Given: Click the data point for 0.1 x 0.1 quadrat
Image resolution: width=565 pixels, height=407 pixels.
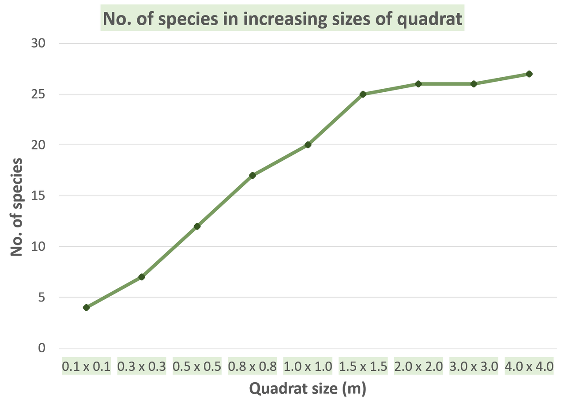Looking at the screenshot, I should click(87, 308).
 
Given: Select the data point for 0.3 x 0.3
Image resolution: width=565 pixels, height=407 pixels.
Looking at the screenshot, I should click(142, 277).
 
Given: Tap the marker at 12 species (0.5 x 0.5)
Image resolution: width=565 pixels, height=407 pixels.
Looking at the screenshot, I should click(197, 226).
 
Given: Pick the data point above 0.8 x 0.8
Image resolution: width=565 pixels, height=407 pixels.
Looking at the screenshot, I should click(252, 175).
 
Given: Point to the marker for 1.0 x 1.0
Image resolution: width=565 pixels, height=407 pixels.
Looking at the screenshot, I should click(308, 145).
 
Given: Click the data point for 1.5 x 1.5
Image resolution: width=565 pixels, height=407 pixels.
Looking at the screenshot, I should click(363, 94).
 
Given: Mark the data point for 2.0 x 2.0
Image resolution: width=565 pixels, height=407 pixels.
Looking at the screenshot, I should click(418, 83).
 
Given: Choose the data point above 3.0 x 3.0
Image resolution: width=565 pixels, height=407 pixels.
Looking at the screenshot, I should click(474, 84).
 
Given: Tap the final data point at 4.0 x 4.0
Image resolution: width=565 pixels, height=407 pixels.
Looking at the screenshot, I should click(529, 74).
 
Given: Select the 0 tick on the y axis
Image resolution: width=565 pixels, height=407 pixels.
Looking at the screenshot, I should click(42, 348).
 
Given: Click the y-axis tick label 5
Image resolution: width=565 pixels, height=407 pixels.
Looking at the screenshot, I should click(41, 297).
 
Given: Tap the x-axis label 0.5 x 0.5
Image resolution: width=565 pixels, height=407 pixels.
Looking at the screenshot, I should click(197, 366).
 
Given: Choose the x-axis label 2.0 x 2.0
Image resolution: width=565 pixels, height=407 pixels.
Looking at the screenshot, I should click(418, 366).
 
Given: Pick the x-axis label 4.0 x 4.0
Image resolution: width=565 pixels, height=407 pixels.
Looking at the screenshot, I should click(529, 366).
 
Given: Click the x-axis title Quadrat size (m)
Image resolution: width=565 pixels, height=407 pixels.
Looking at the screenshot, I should click(308, 389).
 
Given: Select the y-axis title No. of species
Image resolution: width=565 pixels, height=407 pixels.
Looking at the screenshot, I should click(17, 207).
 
